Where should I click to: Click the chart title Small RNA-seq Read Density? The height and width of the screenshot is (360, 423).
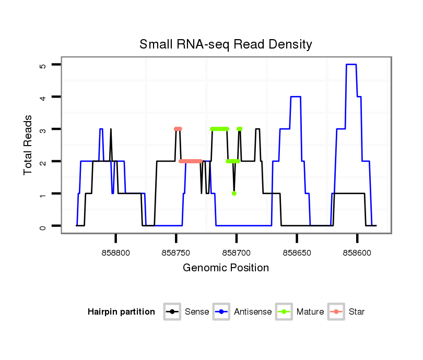click(226, 44)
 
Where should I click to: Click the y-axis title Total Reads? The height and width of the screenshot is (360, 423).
click(29, 145)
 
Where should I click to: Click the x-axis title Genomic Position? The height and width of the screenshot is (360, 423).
click(226, 268)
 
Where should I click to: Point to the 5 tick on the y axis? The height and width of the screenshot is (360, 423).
click(43, 65)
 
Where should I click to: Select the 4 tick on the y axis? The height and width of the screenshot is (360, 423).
click(43, 98)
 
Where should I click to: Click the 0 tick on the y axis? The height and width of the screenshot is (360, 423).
click(43, 226)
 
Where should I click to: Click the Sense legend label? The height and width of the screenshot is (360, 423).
click(197, 312)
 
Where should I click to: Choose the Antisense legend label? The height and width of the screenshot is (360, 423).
click(253, 312)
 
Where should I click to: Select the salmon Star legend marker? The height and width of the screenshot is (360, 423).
click(337, 312)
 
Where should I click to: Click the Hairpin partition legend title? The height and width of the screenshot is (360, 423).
click(121, 312)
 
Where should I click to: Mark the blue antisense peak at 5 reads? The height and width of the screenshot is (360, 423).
click(351, 64)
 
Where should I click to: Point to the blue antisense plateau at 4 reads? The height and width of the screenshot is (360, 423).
click(296, 97)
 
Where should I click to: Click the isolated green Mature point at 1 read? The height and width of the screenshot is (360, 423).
click(234, 194)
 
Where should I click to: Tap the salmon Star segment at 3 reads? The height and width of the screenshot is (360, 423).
click(178, 129)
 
